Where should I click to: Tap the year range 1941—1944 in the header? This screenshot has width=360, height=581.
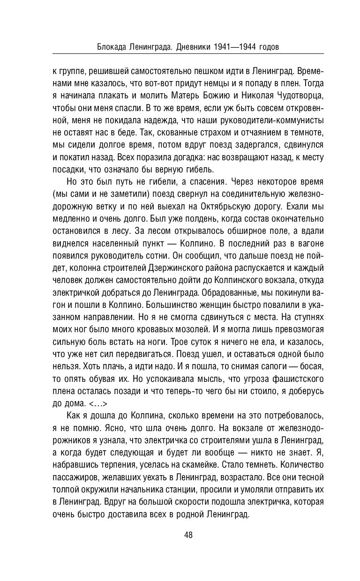[x=231, y=47]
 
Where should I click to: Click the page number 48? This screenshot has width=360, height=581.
[x=188, y=535]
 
